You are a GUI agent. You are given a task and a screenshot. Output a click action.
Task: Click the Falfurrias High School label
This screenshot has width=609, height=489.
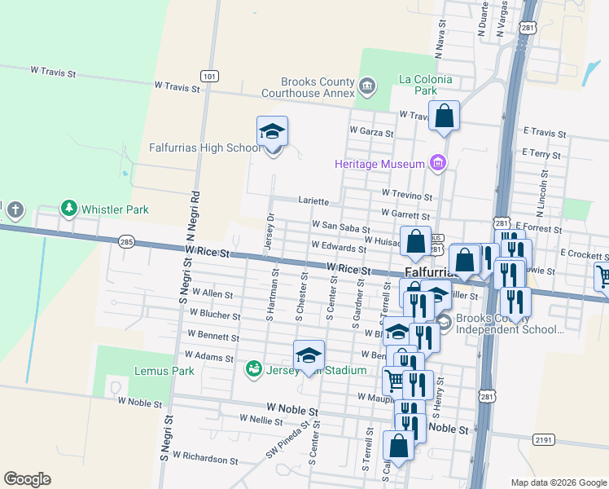coord(205,148)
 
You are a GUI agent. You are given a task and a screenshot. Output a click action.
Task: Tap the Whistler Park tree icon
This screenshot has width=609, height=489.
coord(69,209)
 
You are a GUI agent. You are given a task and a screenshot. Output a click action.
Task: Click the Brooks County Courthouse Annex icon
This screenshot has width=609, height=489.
coord(366,85)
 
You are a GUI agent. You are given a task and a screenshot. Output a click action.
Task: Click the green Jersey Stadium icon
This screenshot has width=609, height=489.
coord(254,369)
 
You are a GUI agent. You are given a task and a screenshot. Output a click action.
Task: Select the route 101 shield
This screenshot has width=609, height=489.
coord(210,77)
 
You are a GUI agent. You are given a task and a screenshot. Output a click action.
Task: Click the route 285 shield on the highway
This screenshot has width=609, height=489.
coord(126,242)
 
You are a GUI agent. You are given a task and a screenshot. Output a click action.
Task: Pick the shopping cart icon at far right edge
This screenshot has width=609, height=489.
coord(603,277)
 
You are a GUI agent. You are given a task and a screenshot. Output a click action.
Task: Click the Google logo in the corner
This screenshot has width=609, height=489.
coord(27,479)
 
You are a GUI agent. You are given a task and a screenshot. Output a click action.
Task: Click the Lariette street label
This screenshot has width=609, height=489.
coord(313,200)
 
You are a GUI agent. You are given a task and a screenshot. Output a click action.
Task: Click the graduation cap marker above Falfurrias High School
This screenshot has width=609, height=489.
coord(273,132)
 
